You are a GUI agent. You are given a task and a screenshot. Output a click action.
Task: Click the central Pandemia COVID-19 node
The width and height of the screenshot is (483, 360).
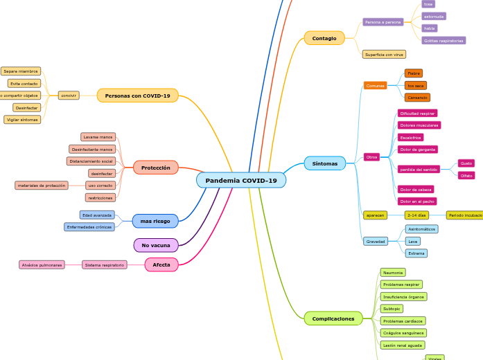(240, 181)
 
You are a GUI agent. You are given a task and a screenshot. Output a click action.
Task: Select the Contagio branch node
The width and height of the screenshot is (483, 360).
(324, 38)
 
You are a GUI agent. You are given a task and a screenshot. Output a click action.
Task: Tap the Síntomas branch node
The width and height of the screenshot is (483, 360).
(324, 164)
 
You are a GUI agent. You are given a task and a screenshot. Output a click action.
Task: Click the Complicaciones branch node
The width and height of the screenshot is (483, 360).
(333, 319)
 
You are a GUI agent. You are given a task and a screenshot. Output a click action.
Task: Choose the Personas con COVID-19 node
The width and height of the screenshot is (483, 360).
(137, 96)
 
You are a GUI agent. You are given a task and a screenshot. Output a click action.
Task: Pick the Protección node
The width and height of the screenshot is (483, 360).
(155, 168)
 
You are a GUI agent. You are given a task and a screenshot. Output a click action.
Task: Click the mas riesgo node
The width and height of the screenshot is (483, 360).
(155, 222)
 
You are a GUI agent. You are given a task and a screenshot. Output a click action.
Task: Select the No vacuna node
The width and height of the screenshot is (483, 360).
(155, 245)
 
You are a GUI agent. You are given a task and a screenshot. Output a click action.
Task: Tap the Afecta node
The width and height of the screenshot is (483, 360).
(161, 264)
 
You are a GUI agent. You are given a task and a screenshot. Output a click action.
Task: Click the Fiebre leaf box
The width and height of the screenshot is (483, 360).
(413, 73)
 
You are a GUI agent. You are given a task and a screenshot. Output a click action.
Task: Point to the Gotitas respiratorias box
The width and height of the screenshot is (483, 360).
(444, 41)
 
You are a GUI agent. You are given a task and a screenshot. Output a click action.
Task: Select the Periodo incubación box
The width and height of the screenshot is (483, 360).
(465, 215)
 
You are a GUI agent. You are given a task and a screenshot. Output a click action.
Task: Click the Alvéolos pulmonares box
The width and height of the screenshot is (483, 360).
(42, 264)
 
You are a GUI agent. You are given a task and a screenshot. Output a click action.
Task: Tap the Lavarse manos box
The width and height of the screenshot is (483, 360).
(98, 137)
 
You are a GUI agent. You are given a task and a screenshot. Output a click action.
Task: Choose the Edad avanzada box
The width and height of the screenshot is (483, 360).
(97, 215)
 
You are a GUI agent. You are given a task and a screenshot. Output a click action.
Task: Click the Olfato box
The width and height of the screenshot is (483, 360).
(466, 175)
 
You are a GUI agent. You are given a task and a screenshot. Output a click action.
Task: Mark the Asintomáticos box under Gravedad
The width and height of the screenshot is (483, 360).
(421, 229)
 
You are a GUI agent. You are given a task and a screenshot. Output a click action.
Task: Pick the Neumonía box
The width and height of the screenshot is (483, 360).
(392, 273)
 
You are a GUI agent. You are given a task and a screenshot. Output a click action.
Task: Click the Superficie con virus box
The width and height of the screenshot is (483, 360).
(384, 54)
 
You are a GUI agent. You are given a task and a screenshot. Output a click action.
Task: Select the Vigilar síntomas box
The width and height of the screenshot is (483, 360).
(22, 120)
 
